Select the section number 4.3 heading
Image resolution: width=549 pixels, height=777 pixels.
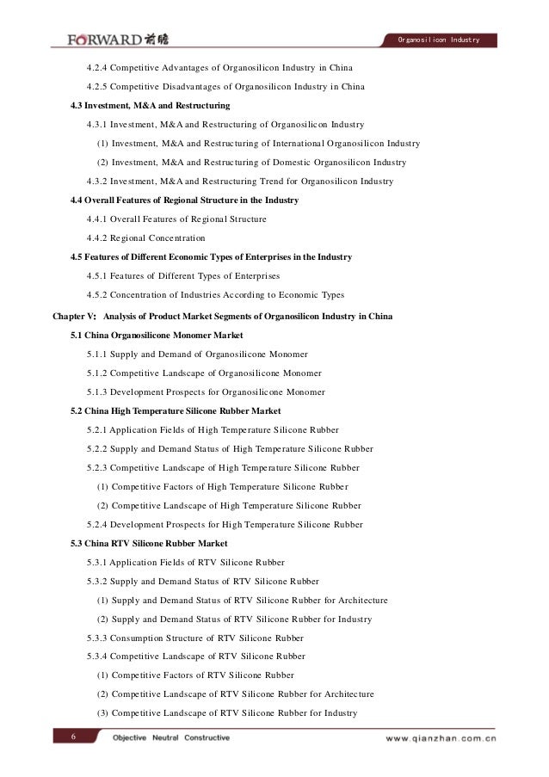pos(77,105)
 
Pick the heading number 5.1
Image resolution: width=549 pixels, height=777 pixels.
pos(77,334)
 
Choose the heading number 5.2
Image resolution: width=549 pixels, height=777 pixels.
pos(77,410)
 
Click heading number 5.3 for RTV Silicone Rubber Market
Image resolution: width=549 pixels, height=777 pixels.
pos(77,542)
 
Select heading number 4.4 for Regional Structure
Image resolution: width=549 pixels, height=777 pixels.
pos(77,200)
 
